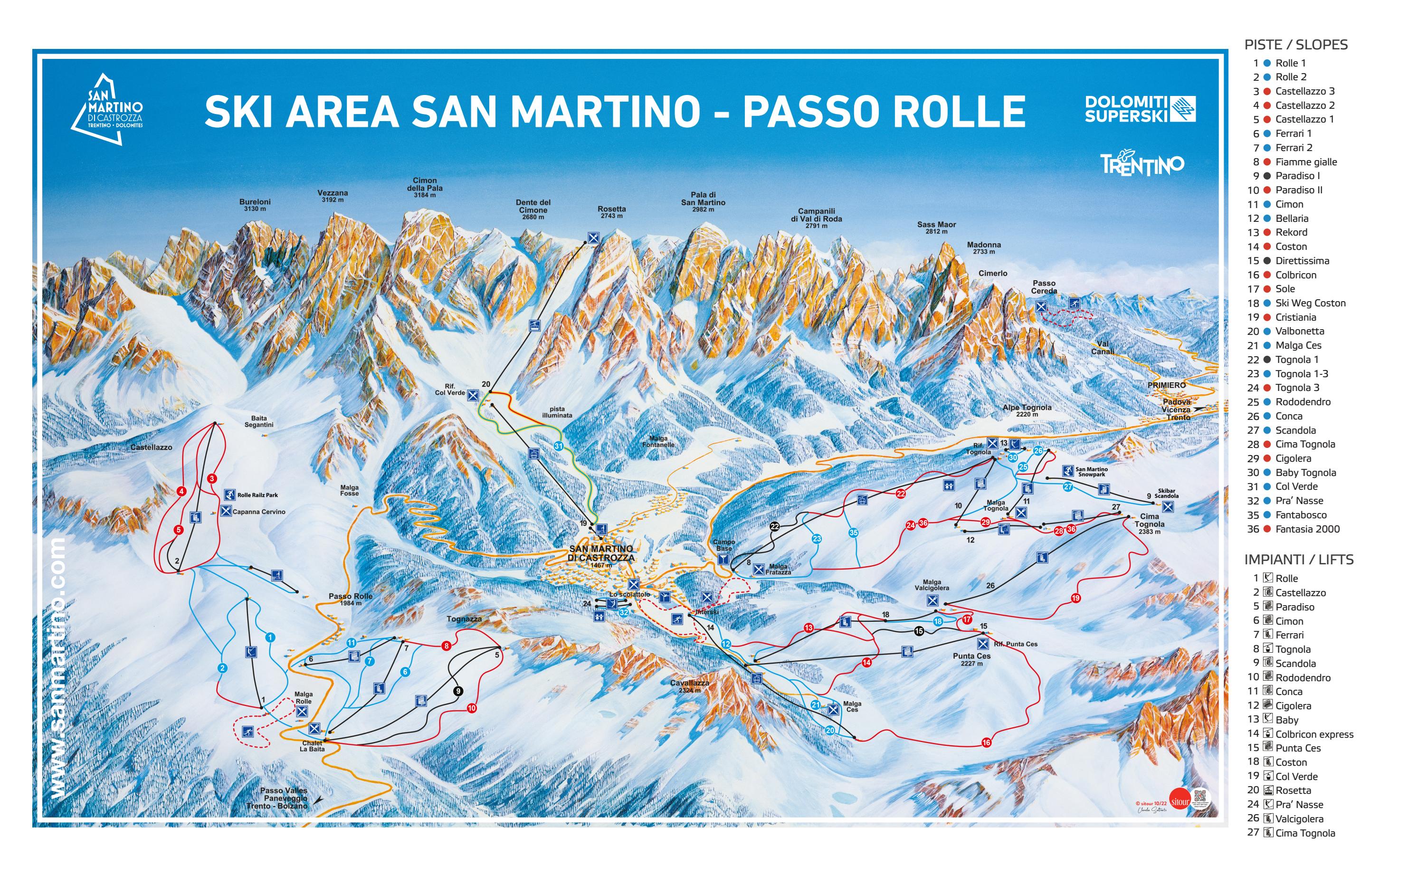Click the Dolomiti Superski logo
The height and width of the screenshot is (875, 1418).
tap(1139, 109)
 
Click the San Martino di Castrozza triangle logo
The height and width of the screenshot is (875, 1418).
tap(107, 109)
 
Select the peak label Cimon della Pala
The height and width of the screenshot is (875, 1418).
tap(425, 188)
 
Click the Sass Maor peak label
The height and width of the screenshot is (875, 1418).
tap(936, 228)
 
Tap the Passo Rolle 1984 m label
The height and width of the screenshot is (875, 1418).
tap(351, 599)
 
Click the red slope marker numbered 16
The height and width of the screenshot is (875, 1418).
tap(986, 742)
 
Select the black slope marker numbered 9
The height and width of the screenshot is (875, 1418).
tap(458, 691)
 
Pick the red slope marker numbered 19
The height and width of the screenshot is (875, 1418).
tap(1075, 598)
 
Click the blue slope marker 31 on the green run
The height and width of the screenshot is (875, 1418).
tap(558, 446)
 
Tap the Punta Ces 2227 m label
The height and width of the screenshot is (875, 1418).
tap(971, 659)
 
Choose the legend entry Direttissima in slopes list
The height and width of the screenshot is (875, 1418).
tap(1302, 260)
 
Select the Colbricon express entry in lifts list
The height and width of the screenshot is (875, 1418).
tap(1314, 734)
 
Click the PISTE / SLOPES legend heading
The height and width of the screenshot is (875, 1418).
tap(1295, 45)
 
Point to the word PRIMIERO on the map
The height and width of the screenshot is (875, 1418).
tap(1166, 385)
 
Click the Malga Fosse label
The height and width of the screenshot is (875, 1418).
tap(350, 490)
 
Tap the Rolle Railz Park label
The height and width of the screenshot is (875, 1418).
tap(257, 495)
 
